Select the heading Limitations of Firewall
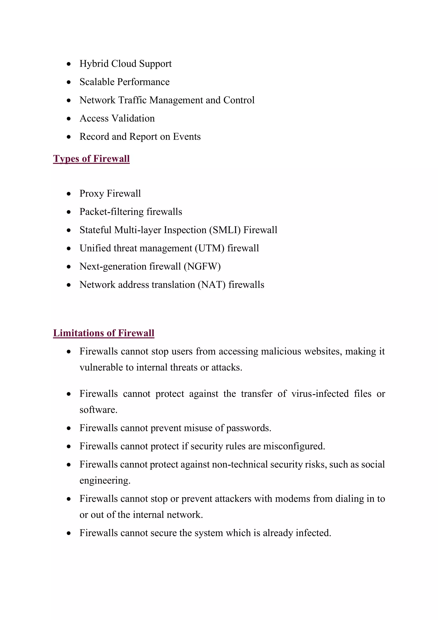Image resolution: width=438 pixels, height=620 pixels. click(x=104, y=333)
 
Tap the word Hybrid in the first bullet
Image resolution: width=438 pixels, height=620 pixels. click(x=94, y=64)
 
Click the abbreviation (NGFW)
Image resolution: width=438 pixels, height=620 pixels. click(x=202, y=267)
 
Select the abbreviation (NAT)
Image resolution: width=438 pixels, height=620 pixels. click(x=212, y=285)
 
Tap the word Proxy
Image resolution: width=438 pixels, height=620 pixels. click(x=92, y=194)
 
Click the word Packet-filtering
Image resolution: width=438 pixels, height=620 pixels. click(x=112, y=212)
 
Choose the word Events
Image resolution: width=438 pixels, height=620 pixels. click(x=187, y=137)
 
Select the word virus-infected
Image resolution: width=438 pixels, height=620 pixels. click(x=320, y=394)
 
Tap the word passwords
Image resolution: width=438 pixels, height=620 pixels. click(x=248, y=428)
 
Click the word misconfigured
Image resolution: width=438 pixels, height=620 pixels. click(x=294, y=446)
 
